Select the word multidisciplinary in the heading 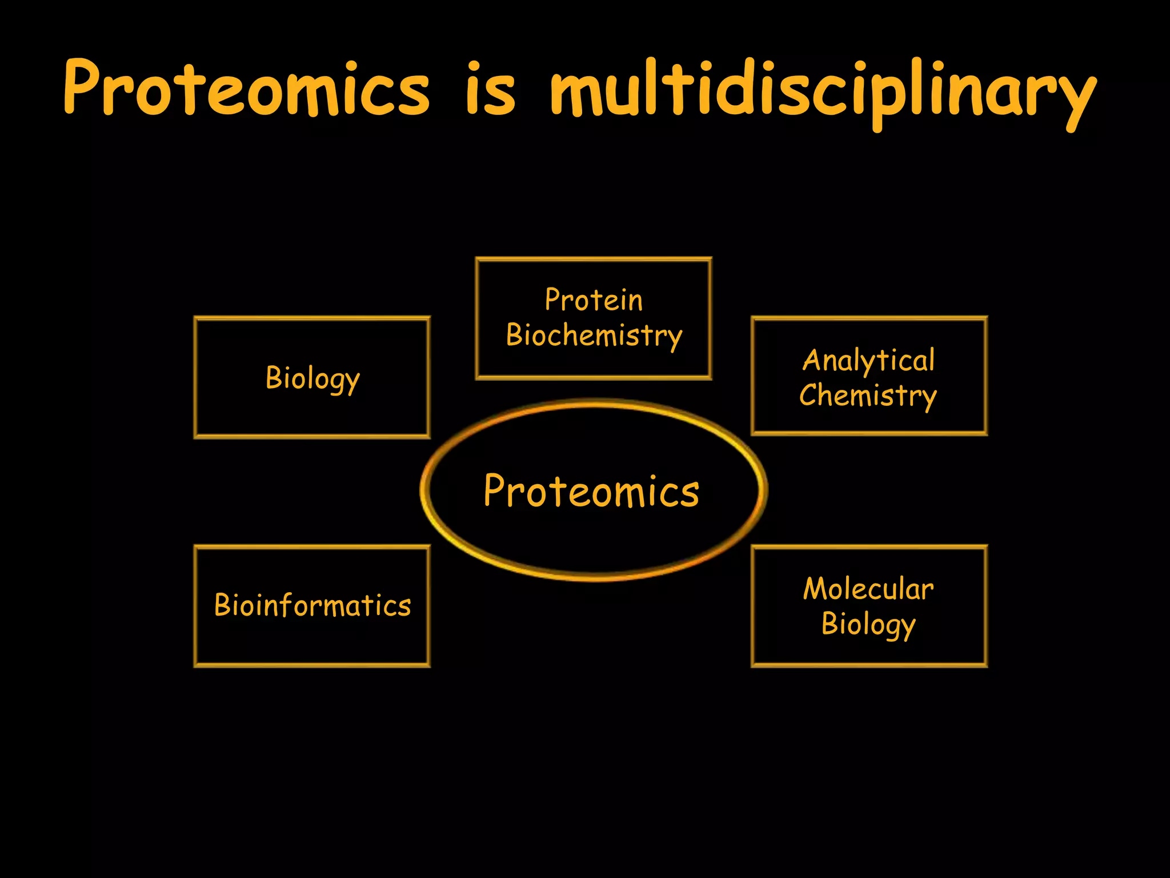coord(823,91)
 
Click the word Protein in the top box coord(594,300)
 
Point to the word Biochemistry coord(594,336)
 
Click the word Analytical coord(869,361)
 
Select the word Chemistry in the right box coord(868,396)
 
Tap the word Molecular coord(868,589)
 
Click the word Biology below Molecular coord(868,624)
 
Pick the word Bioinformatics coord(312,605)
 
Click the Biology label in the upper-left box coord(312,378)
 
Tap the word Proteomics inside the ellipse coord(591,491)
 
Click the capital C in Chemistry coord(808,395)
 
